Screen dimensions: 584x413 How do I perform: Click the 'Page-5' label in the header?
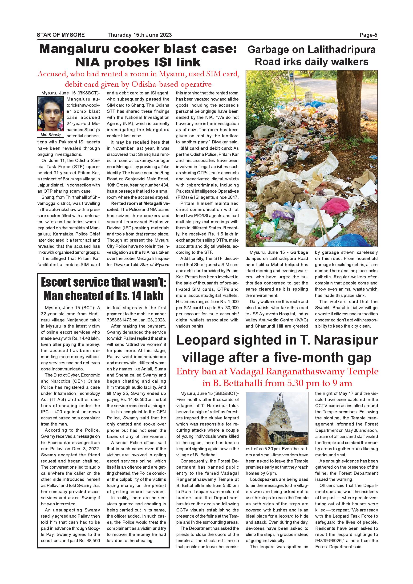point(368,35)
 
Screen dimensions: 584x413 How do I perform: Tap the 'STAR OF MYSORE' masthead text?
point(61,35)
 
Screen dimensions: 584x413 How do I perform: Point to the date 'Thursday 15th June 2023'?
point(139,35)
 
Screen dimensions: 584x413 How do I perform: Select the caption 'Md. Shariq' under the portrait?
point(51,135)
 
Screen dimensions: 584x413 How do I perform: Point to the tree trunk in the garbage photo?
point(351,97)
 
